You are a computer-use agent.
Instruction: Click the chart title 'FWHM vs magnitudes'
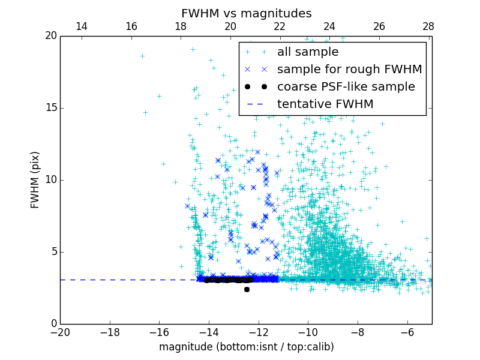[246, 13]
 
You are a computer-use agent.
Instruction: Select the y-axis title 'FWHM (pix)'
[35, 179]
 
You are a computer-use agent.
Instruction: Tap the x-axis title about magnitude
[246, 347]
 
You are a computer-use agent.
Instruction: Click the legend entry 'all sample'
[308, 52]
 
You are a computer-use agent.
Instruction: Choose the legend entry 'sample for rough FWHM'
[349, 70]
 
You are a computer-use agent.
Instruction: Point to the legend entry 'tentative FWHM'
[325, 104]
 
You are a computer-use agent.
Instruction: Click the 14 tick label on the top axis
[82, 27]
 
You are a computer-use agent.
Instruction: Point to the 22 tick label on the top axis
[280, 27]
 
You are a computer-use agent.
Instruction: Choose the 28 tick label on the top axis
[428, 27]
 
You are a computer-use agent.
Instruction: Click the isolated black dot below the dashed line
[247, 289]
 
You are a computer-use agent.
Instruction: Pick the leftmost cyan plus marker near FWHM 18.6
[142, 56]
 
